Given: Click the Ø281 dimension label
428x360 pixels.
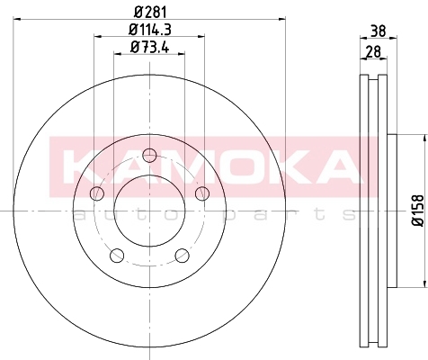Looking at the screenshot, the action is click(x=150, y=13).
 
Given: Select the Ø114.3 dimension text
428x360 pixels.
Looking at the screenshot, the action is click(x=150, y=30).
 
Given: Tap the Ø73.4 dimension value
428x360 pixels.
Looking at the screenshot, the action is click(x=150, y=47).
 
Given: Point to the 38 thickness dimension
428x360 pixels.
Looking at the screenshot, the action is click(x=379, y=31).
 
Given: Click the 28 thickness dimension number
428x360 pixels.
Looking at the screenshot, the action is click(x=373, y=51).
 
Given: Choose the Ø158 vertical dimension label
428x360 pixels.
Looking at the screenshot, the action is click(x=418, y=211).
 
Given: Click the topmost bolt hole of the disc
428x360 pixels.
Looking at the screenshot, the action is click(x=149, y=156).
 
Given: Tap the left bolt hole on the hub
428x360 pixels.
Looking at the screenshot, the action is click(x=97, y=193).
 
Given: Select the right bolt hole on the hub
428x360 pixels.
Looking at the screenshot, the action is click(x=202, y=193).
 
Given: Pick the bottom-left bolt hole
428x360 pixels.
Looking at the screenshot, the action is click(x=117, y=256).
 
